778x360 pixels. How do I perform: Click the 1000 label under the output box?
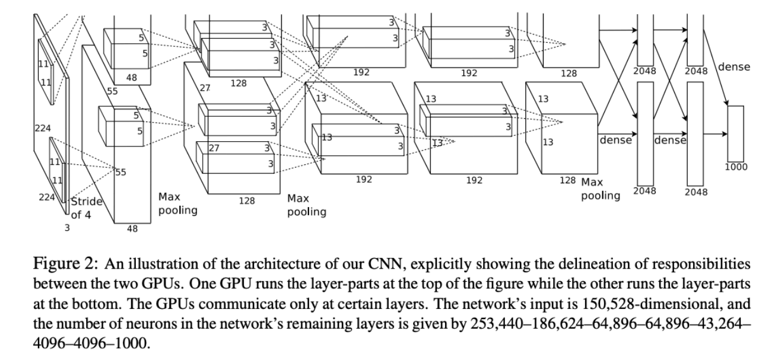click(736, 167)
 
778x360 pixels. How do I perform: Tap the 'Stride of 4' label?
click(87, 207)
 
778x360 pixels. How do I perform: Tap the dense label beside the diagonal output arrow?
click(734, 67)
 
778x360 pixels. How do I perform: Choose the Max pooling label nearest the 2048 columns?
click(600, 189)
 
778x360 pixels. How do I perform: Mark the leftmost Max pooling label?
click(177, 203)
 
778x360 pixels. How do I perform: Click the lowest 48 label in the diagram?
click(134, 229)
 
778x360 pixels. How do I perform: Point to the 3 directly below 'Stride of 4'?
click(67, 227)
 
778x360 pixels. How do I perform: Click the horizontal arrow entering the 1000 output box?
click(715, 134)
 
